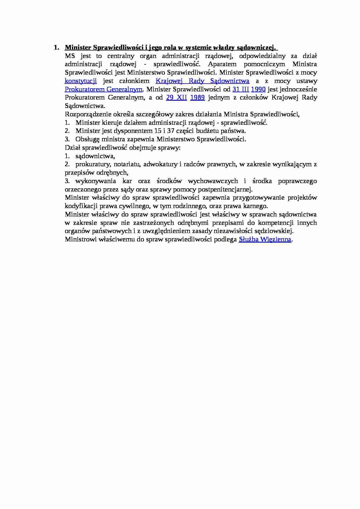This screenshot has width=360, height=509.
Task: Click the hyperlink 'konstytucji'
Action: tap(80, 81)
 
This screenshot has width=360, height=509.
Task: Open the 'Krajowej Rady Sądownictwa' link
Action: tap(202, 81)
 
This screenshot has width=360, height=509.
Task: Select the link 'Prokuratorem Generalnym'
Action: tap(103, 89)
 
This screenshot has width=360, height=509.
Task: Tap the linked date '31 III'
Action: tap(241, 89)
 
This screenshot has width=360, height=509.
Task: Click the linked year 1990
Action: tap(258, 89)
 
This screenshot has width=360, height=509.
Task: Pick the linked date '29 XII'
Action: tap(176, 98)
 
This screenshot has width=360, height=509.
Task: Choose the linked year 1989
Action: tap(197, 98)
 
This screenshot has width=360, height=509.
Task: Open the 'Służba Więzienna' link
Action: tap(265, 239)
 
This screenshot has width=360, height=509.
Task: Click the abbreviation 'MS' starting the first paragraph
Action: tap(70, 56)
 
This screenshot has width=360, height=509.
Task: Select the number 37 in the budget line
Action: tap(171, 131)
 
